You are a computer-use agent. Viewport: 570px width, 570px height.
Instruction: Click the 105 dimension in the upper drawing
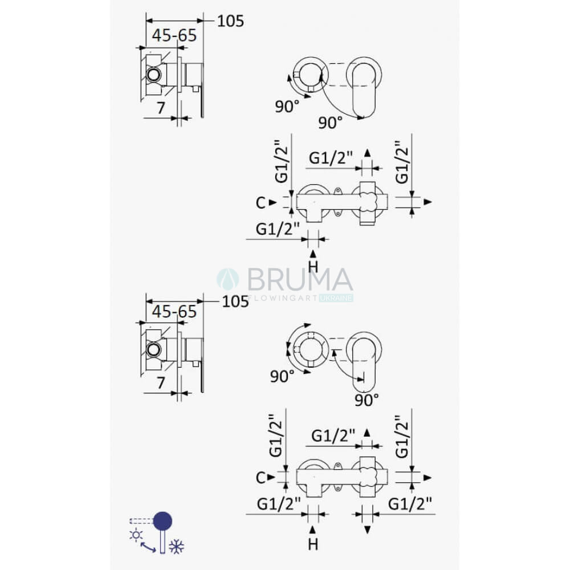point(230,21)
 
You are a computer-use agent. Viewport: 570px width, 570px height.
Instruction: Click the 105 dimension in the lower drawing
point(235,302)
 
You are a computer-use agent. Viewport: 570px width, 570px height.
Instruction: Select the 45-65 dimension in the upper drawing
point(174,35)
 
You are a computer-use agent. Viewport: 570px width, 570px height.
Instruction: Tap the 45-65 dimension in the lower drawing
point(174,312)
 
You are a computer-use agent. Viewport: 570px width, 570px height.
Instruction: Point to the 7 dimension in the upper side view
point(161,108)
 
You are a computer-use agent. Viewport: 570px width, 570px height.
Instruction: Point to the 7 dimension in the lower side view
point(161,383)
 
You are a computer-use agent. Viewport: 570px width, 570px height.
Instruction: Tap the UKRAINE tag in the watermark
point(336,298)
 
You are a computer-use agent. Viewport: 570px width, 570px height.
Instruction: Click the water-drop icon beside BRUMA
point(228,279)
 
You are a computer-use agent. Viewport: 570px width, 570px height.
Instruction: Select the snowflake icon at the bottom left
point(177,547)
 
